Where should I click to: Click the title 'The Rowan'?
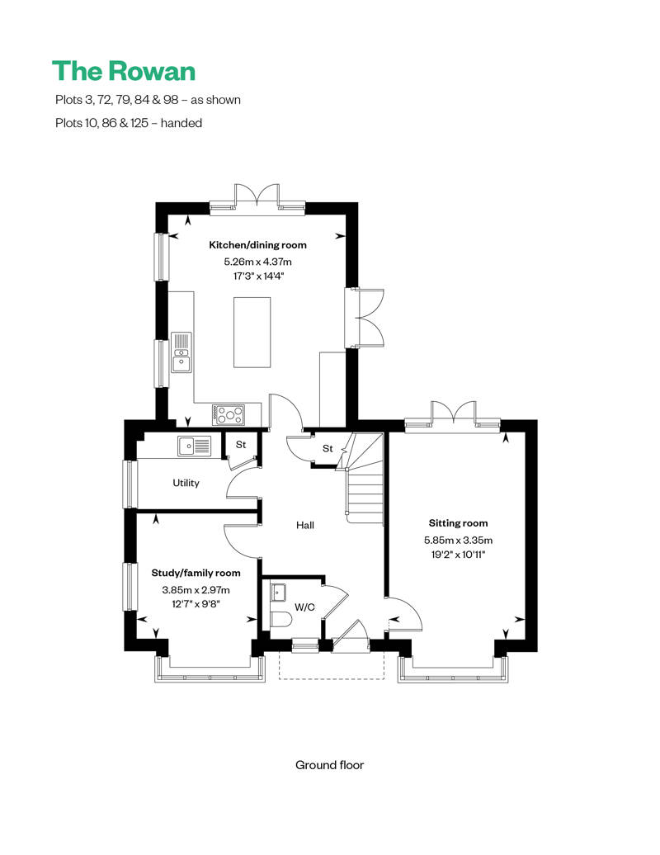(124, 70)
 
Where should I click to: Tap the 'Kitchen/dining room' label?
(257, 245)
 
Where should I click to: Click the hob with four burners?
(228, 413)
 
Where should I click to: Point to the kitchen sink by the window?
(181, 352)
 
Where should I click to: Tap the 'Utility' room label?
(186, 483)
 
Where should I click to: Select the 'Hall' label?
(305, 525)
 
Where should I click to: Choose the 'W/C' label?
(306, 607)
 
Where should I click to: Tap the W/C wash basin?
(277, 592)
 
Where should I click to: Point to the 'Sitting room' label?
(458, 523)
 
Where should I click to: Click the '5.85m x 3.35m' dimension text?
(458, 540)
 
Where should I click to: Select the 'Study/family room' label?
(196, 573)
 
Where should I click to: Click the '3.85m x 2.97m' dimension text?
(196, 589)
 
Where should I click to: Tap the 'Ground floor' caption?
(329, 765)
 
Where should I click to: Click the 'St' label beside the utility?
(241, 445)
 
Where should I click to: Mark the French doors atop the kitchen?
(257, 196)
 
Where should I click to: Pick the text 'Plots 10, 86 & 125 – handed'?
(128, 123)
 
